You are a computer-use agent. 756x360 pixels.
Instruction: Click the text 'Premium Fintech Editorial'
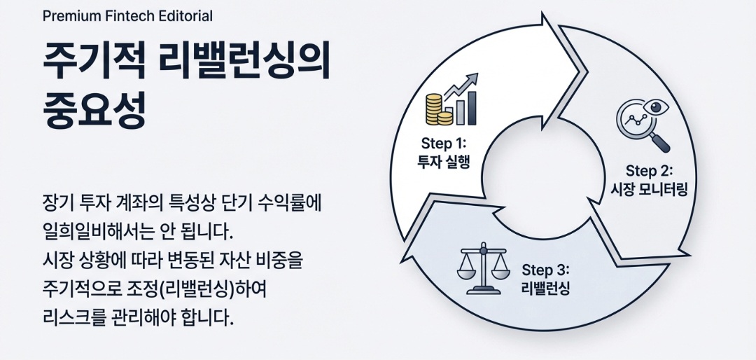tap(127, 15)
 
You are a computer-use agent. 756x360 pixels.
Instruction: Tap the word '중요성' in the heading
tap(94, 110)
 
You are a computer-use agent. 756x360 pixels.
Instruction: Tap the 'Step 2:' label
tap(649, 170)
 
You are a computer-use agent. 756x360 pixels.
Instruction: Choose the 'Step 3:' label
tap(546, 270)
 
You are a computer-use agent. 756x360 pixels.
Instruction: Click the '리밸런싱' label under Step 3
tap(546, 288)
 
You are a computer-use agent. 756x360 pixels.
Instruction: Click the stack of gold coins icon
tap(435, 109)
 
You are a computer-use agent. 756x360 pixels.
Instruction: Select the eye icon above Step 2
tap(658, 107)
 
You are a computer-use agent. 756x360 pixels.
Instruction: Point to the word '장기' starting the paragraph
tap(59, 202)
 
